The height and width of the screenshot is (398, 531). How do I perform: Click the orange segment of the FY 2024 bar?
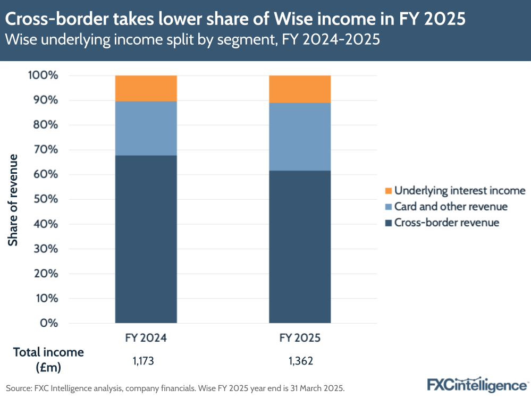(x=146, y=88)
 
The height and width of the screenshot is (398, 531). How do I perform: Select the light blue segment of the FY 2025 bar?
(x=300, y=137)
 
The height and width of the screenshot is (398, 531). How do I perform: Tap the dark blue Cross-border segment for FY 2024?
(x=146, y=239)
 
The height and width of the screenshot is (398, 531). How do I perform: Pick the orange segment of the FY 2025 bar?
(x=300, y=89)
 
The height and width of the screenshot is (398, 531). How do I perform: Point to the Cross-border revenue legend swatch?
(x=387, y=223)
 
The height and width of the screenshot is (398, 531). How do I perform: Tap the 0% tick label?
(x=48, y=323)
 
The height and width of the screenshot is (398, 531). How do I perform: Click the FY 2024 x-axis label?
(x=146, y=338)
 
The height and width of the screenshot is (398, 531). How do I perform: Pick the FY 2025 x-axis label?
(x=300, y=338)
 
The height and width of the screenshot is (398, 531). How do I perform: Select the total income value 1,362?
(x=300, y=361)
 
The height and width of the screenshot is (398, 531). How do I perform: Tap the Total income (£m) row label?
(x=48, y=359)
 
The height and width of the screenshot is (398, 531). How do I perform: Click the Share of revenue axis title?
(x=13, y=199)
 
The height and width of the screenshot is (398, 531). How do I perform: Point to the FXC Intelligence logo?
(x=477, y=384)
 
